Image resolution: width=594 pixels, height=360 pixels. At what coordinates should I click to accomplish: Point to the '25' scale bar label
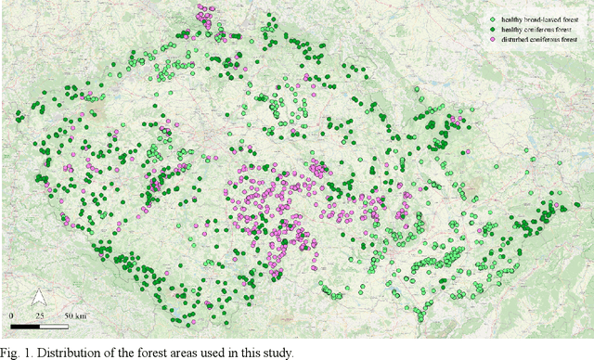[x=39, y=317]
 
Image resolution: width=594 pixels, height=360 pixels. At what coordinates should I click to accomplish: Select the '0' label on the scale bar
[x=11, y=317]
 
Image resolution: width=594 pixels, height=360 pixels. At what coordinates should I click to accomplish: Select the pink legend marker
[x=493, y=42]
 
